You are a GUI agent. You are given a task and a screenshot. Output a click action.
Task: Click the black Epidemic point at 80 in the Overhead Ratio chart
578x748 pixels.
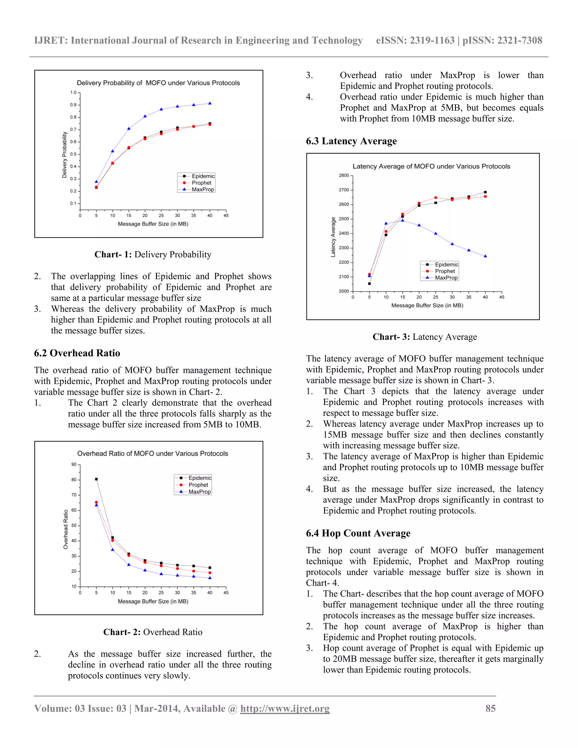(x=96, y=479)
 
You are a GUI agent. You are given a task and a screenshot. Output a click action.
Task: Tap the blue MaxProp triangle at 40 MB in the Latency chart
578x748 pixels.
(x=485, y=256)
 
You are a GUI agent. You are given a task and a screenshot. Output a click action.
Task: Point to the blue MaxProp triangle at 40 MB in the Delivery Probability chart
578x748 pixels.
(x=210, y=103)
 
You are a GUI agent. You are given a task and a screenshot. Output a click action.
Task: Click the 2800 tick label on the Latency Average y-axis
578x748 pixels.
(x=343, y=175)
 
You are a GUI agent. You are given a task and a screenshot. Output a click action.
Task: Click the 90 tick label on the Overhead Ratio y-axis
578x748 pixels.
(x=74, y=464)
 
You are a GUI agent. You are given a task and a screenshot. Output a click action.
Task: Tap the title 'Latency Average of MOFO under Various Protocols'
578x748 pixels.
(x=431, y=167)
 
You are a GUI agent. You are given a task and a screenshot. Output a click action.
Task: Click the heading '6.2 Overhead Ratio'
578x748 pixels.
(x=77, y=353)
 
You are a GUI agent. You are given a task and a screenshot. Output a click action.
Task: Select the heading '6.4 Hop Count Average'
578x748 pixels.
(x=358, y=533)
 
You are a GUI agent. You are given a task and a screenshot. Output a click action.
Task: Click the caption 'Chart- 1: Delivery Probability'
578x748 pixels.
(x=153, y=255)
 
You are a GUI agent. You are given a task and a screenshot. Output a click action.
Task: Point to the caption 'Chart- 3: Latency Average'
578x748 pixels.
(x=424, y=337)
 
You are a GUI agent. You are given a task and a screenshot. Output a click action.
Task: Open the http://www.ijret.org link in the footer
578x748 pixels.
(x=284, y=708)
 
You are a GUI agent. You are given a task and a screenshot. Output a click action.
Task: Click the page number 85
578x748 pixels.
(x=490, y=708)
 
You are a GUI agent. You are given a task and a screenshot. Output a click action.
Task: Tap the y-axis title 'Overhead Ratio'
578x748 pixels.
(x=66, y=530)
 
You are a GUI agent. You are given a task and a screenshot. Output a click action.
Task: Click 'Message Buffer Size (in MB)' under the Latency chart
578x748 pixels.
(x=427, y=305)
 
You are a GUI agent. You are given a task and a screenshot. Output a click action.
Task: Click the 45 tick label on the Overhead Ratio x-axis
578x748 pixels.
(x=226, y=592)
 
